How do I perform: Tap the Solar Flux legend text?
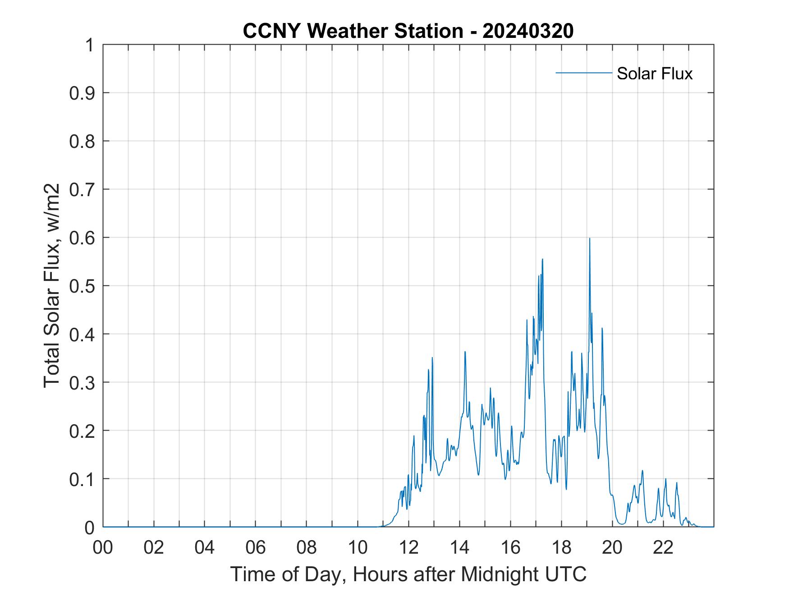tap(654, 73)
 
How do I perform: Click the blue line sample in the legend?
tap(583, 73)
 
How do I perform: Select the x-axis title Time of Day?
tap(408, 574)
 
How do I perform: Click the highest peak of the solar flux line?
tap(589, 239)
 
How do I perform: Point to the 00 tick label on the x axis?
tap(103, 547)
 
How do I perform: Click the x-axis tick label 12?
tap(408, 547)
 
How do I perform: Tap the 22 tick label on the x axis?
tap(663, 547)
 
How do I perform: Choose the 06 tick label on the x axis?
tap(256, 547)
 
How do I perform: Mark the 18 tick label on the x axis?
tap(561, 547)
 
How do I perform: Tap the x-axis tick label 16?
tap(510, 547)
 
